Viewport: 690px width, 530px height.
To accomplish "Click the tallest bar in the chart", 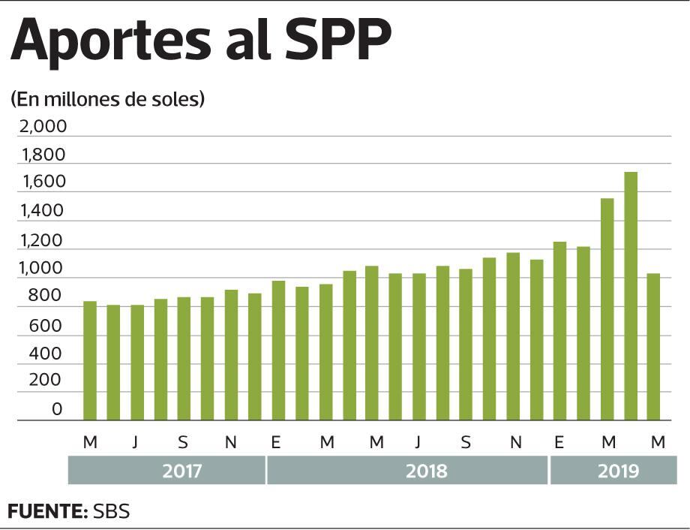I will click(631, 296).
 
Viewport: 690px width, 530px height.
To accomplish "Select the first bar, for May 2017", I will click(90, 360).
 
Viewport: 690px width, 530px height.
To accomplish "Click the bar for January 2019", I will click(559, 331).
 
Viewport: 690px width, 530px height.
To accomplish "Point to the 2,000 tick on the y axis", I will click(43, 126).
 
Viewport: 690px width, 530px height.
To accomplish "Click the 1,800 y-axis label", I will click(43, 155).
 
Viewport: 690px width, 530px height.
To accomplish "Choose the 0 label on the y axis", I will click(58, 409).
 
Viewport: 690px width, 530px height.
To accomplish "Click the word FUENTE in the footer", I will click(47, 512).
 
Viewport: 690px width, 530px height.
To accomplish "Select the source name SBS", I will click(111, 512).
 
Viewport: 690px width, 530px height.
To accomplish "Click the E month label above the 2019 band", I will click(559, 443).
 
